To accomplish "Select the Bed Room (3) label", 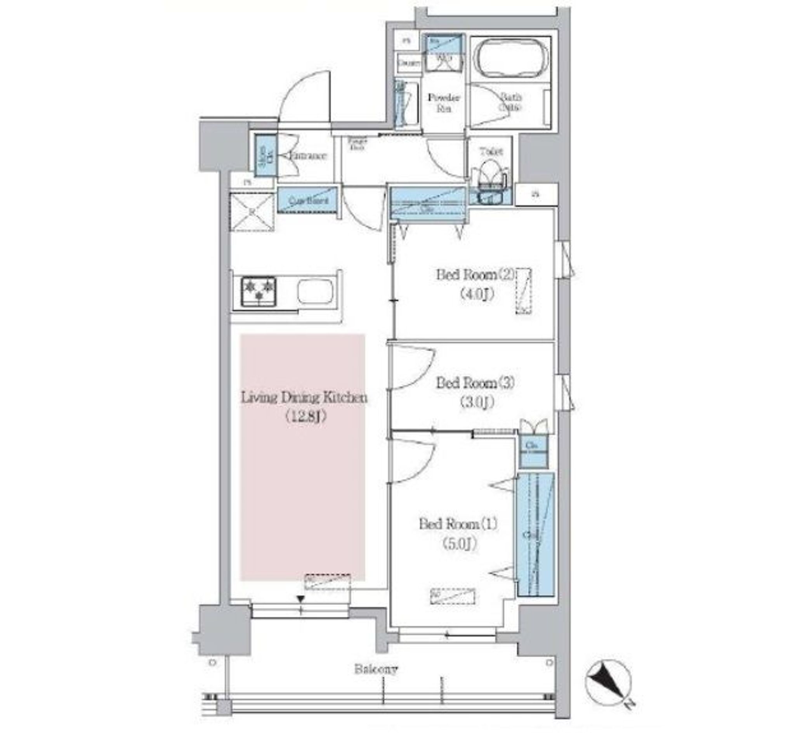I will pos(475,383).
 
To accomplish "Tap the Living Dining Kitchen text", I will pos(304,398).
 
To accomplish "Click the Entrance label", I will pos(308,156).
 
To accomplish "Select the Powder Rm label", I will pos(443,102).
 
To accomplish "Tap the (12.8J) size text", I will pos(305,417).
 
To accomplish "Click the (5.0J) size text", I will pos(460,544).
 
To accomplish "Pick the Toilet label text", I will pos(491,151).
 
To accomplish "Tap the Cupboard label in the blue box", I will pos(308,200).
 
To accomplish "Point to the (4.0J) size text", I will pos(477,294).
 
